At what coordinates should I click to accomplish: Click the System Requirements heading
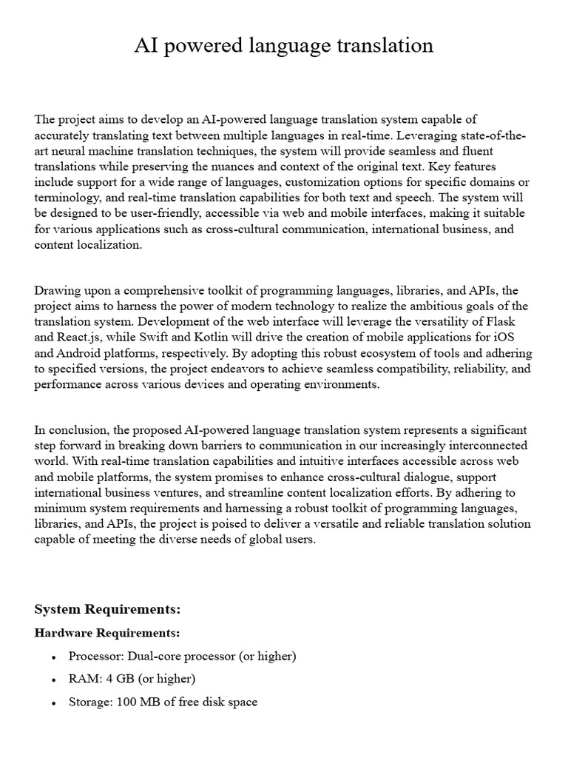[x=108, y=610]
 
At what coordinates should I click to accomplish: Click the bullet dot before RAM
[x=54, y=680]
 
